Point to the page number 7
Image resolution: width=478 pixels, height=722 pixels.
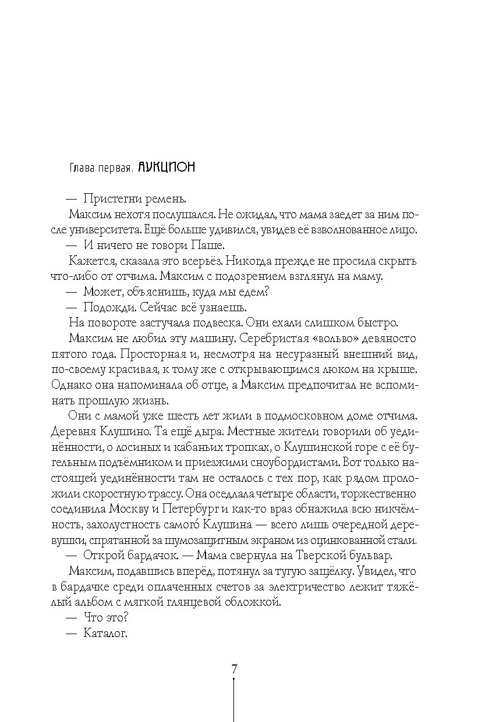234,668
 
